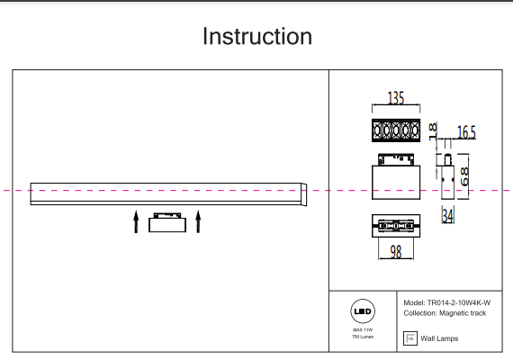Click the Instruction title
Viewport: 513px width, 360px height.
pos(256,37)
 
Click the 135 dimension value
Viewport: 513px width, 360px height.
pos(396,99)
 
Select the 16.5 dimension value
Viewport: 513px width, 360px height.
pos(466,133)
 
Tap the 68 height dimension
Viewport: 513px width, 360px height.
pos(465,175)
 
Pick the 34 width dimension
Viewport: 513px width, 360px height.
pos(448,216)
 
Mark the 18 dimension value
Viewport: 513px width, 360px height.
pos(432,131)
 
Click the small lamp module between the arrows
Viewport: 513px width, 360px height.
pos(166,221)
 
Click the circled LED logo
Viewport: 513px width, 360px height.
pos(363,311)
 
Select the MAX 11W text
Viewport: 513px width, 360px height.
pos(363,330)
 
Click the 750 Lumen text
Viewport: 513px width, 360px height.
pos(363,337)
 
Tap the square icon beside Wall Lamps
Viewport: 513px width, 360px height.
pos(410,338)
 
